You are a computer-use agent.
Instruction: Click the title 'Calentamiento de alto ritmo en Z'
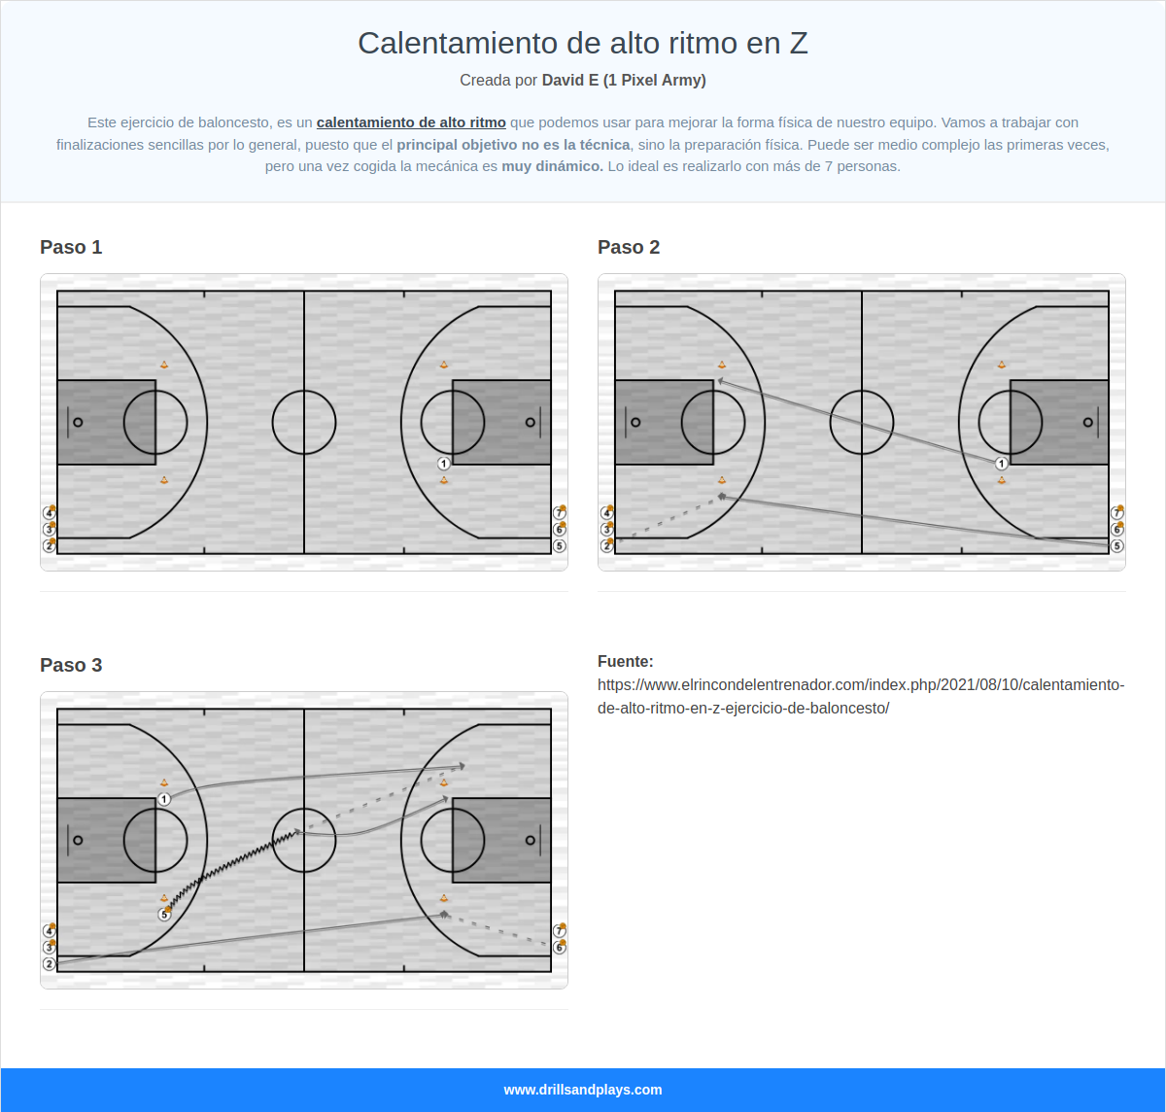coord(583,43)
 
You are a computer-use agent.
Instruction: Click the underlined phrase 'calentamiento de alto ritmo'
coord(411,122)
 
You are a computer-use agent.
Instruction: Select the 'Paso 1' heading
coord(71,247)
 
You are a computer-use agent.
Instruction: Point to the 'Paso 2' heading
coord(629,247)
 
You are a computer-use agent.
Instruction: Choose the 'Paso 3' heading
coord(71,665)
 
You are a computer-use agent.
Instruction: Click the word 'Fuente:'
coord(626,661)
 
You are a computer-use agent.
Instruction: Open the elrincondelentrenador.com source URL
coord(861,696)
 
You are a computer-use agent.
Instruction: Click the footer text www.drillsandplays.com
coord(583,1090)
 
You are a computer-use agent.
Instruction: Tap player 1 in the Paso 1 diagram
coord(443,464)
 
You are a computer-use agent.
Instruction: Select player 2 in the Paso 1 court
coord(49,546)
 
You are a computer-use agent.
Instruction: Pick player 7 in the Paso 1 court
coord(559,513)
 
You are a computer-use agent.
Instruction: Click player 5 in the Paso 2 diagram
coord(1116,546)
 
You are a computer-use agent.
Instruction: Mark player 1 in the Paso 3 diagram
coord(164,799)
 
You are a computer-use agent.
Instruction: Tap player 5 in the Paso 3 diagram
coord(164,915)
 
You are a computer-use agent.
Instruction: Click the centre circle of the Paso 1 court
coord(304,422)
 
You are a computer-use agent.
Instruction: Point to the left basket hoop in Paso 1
coord(78,422)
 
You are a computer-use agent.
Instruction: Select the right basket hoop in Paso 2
coord(1087,422)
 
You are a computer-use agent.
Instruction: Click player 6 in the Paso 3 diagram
coord(559,948)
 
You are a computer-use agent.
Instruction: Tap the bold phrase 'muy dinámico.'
coord(552,166)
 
